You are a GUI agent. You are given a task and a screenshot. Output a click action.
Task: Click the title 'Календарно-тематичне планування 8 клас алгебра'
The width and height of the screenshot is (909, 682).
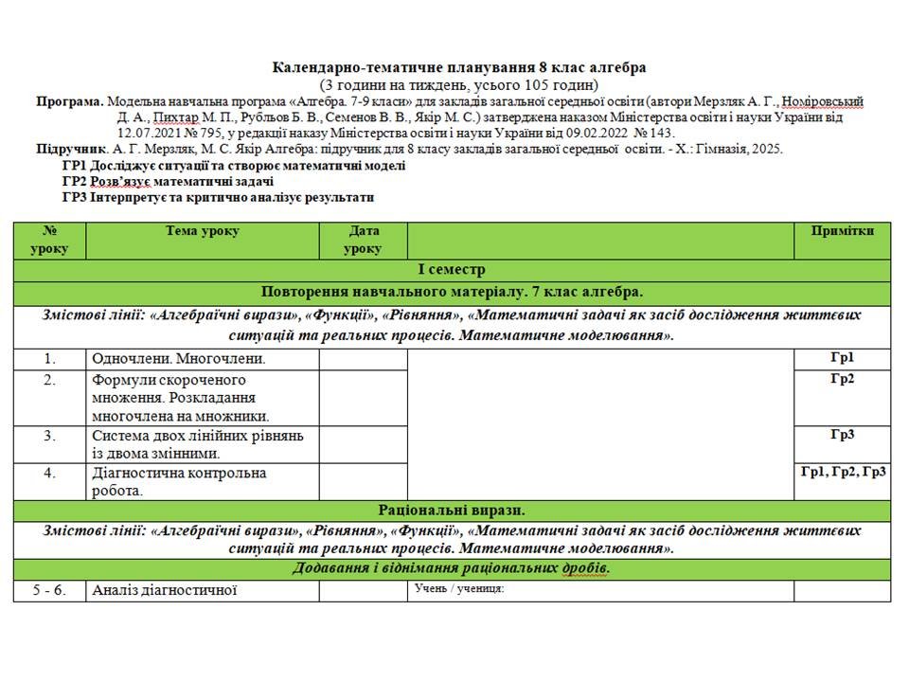(x=459, y=68)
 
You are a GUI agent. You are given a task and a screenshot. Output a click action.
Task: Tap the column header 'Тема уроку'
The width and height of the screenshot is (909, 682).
(x=203, y=231)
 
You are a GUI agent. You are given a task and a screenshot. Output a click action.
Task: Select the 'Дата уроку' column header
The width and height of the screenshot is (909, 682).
(x=364, y=240)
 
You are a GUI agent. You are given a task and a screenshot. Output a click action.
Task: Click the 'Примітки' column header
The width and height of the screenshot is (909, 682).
(x=842, y=231)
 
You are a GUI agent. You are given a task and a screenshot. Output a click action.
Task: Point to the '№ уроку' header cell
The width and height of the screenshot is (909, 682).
(x=50, y=240)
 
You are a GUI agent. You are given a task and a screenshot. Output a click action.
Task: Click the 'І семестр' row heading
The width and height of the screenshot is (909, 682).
(x=452, y=270)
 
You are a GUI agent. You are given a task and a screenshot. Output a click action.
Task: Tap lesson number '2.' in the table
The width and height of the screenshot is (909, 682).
(x=50, y=380)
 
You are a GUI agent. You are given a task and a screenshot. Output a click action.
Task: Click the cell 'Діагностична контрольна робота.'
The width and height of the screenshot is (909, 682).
(x=179, y=481)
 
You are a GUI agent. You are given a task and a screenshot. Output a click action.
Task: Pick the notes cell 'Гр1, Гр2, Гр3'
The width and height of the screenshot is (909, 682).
(x=843, y=472)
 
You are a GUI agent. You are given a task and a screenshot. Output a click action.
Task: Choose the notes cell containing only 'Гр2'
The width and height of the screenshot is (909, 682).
(x=843, y=379)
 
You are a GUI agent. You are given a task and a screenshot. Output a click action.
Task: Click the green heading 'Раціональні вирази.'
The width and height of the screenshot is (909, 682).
(x=452, y=511)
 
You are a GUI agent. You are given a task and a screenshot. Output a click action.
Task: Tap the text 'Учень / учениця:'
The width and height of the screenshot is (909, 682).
(x=459, y=589)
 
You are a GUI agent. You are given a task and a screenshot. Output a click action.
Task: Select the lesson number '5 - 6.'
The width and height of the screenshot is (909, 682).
(x=49, y=591)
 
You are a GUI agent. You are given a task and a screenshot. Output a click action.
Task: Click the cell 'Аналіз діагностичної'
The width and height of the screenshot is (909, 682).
(x=164, y=591)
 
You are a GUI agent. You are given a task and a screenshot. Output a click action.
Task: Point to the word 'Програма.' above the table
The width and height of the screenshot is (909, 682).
(x=70, y=101)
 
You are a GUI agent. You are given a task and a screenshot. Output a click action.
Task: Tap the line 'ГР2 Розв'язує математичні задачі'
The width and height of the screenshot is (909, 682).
(x=169, y=181)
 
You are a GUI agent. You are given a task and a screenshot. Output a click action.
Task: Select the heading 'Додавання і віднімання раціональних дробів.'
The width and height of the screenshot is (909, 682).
(x=452, y=568)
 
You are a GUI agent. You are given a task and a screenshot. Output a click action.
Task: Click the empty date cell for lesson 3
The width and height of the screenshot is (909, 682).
(x=363, y=444)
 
